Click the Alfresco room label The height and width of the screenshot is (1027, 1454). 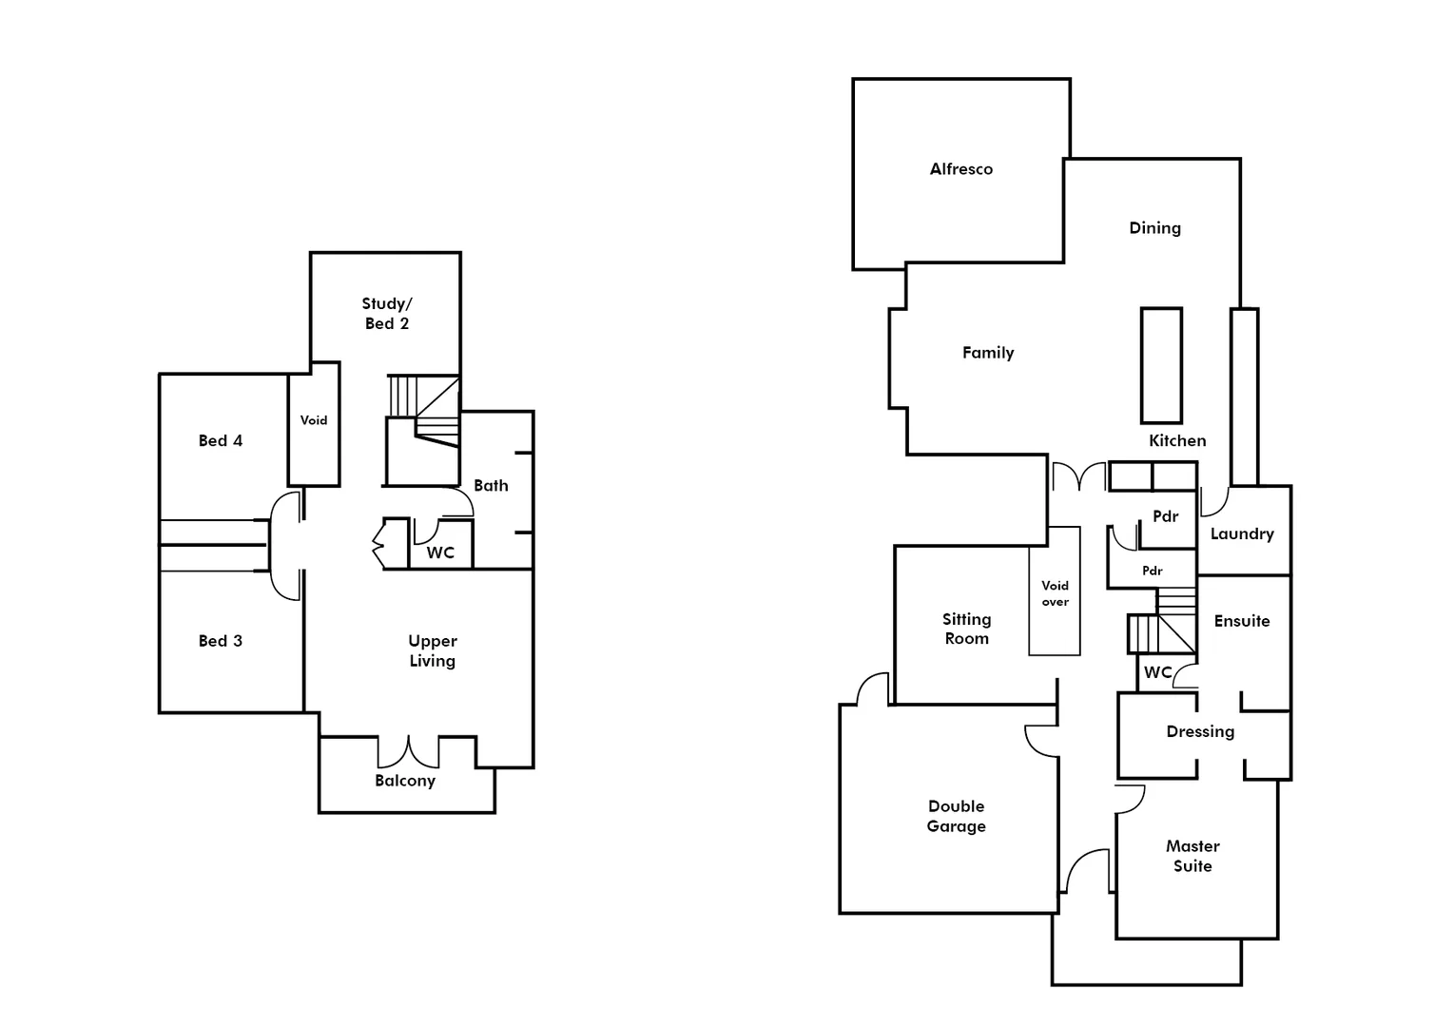[960, 169]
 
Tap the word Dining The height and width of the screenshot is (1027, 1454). [1154, 228]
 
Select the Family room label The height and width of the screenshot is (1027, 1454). [987, 353]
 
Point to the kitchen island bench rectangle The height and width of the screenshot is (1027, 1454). [1161, 365]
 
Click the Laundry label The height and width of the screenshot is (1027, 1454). [1241, 534]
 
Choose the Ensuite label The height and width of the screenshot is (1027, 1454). [1241, 621]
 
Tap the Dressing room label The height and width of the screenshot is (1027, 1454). [1200, 731]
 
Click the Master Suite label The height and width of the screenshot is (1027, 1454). [1192, 856]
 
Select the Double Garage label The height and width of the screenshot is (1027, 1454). [956, 817]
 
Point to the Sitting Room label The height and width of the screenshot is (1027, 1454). [966, 630]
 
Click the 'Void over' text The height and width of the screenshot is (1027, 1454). [1055, 593]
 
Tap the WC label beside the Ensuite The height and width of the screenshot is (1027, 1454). [1157, 672]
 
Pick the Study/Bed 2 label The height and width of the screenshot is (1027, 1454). [386, 314]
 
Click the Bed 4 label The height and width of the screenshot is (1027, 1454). [220, 440]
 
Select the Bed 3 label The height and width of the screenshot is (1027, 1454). [220, 641]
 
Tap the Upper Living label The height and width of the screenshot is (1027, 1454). [432, 651]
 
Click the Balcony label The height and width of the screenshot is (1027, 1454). [404, 781]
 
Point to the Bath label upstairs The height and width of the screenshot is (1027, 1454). [491, 486]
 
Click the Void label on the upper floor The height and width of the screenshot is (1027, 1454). [313, 420]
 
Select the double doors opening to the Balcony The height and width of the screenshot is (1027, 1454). [408, 751]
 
